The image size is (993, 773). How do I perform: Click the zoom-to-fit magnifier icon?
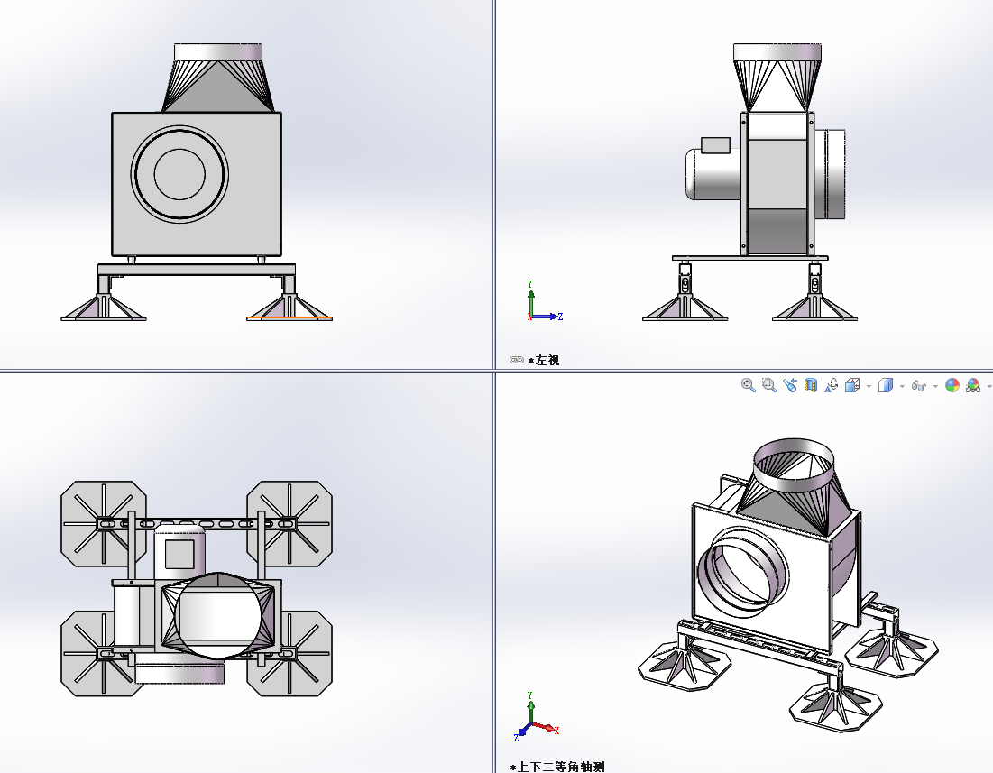click(748, 385)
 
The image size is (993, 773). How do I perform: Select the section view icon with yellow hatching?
click(811, 385)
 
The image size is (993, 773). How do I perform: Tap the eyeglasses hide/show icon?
click(918, 385)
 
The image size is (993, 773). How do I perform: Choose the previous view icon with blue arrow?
click(790, 385)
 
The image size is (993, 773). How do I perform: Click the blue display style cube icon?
click(885, 385)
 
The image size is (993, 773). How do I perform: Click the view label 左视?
click(547, 360)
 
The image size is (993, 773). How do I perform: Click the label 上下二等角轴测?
click(561, 767)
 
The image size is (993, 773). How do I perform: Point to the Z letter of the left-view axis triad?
click(560, 317)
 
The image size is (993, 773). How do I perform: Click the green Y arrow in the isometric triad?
click(530, 708)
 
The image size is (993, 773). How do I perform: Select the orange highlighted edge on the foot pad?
click(290, 317)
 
